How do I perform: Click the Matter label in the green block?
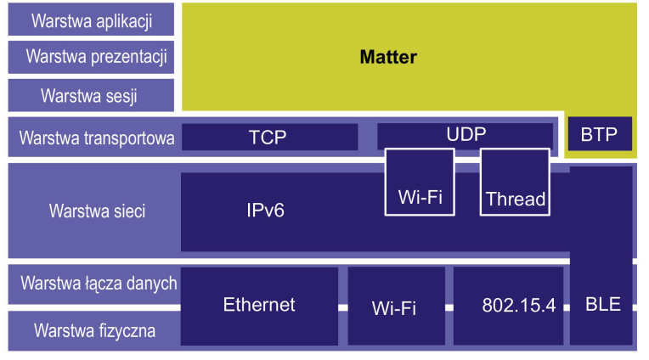click(388, 58)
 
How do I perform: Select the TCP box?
click(268, 137)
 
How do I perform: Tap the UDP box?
click(466, 135)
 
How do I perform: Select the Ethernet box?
click(259, 305)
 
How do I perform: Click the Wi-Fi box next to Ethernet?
click(395, 307)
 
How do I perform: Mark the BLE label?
click(603, 304)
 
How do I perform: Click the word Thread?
click(515, 200)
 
